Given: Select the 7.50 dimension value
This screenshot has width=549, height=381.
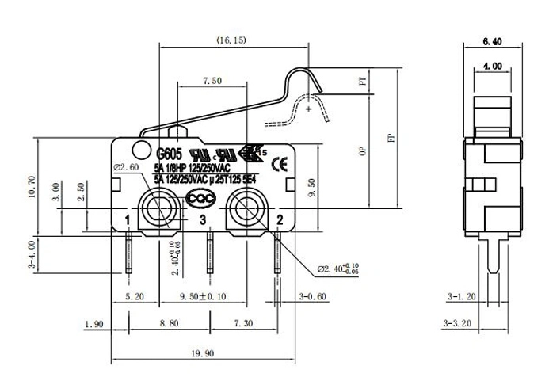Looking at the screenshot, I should coord(212,82).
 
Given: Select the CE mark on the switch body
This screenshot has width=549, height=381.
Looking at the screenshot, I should coord(279,165).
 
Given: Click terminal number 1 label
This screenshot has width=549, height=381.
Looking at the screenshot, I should coord(128,219).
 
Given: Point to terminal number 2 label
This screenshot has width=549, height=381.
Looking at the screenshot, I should coord(279,219).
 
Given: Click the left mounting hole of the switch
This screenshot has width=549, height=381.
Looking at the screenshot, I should coord(157,210).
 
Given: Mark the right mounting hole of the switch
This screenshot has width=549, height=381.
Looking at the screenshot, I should coord(245,210).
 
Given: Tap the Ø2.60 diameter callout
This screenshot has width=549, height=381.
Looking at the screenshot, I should coord(127,168).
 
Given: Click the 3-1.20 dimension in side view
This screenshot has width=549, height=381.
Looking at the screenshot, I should coord(460,297).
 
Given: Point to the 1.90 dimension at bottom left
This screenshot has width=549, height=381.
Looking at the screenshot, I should coord(93,325).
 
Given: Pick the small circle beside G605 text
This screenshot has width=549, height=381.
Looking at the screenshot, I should coord(141,147).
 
